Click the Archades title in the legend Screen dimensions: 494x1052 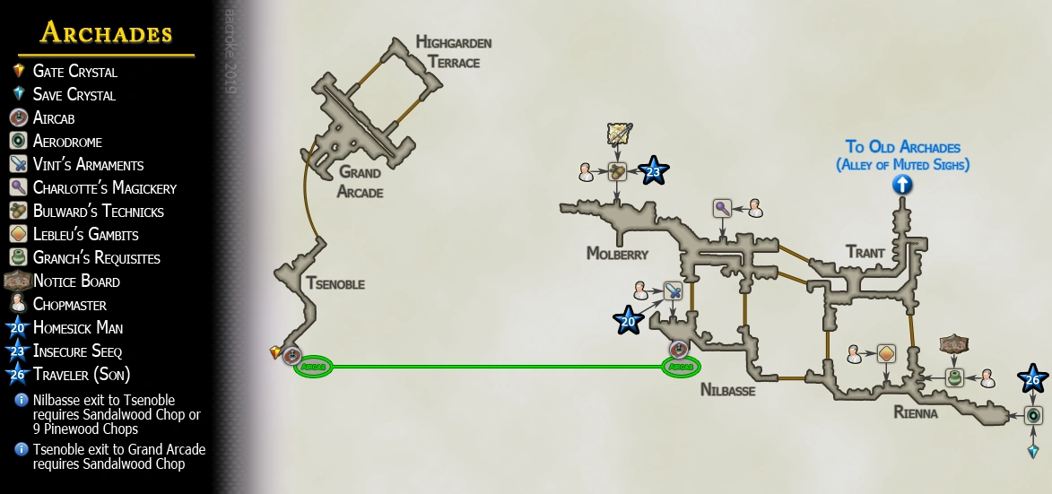pos(106,34)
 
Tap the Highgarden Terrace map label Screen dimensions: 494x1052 pos(454,53)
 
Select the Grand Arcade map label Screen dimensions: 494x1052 pos(360,181)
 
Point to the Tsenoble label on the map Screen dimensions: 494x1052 pos(335,284)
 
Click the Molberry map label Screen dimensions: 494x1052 pos(617,254)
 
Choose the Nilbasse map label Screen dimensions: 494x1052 pos(727,391)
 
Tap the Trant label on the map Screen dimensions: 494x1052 pos(865,253)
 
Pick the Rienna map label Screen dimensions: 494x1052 pos(915,413)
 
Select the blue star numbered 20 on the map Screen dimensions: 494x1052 pos(629,319)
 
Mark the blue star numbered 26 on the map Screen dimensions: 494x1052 pos(1033,379)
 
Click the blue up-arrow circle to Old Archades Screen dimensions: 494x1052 pos(902,185)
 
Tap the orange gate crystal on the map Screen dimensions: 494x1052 pos(275,352)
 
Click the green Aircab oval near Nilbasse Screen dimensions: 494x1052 pos(681,367)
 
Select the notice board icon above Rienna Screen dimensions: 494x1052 pos(954,345)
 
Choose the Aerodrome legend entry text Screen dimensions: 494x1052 pos(67,142)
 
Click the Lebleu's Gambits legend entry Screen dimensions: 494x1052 pos(85,235)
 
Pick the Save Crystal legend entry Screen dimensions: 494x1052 pos(74,95)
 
